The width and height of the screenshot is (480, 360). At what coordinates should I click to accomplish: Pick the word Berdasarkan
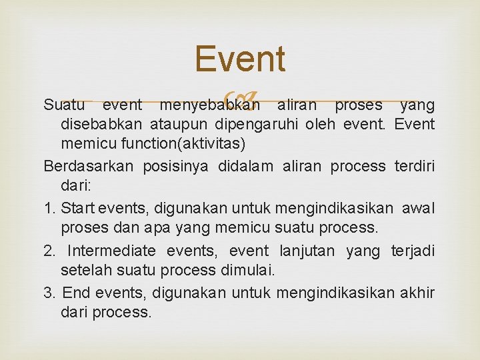point(89,166)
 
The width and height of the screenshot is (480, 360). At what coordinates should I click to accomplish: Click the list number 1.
point(47,208)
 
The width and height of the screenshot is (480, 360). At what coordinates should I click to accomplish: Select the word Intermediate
point(111,251)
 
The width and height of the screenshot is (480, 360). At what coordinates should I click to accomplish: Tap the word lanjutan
point(307,251)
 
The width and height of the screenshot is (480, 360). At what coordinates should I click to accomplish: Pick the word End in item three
point(73,293)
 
